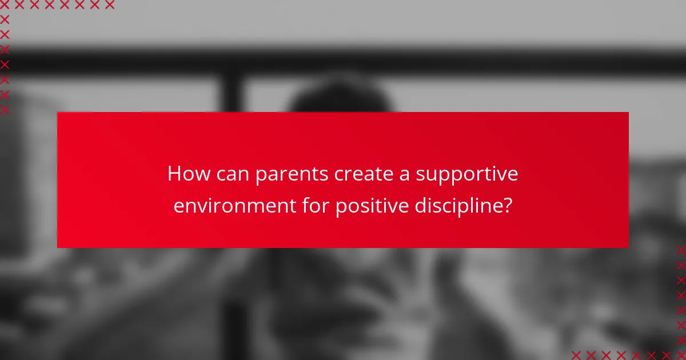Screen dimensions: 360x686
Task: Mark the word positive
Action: pyautogui.click(x=370, y=206)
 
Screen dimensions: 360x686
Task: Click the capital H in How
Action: pyautogui.click(x=174, y=174)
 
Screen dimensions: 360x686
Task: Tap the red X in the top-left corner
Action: pyautogui.click(x=5, y=5)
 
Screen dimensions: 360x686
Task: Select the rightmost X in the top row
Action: pyautogui.click(x=110, y=5)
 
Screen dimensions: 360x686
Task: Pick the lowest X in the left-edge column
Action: pyautogui.click(x=5, y=110)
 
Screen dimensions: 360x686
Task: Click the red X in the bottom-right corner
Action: pyautogui.click(x=681, y=355)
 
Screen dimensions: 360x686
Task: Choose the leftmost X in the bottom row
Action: pyautogui.click(x=576, y=355)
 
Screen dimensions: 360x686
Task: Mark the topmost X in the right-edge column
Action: pyautogui.click(x=681, y=250)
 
